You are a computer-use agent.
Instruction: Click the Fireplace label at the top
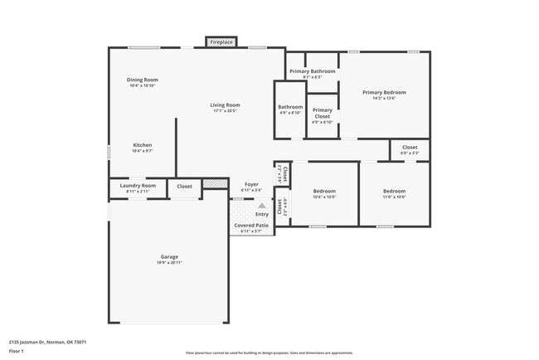(221, 41)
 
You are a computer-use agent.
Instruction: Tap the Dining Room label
(142, 80)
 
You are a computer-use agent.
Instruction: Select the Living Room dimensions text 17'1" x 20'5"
(225, 111)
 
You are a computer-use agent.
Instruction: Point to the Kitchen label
(142, 145)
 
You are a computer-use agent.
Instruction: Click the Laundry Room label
(138, 186)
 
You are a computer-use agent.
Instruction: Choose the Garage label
(169, 256)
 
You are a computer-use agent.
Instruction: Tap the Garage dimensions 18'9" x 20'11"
(169, 263)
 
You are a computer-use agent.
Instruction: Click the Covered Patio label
(250, 225)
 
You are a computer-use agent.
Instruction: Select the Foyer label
(250, 184)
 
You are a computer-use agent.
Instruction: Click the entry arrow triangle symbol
(261, 204)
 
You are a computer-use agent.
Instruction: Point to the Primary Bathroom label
(313, 71)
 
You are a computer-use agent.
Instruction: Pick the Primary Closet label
(322, 113)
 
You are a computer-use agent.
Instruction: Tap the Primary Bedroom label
(384, 92)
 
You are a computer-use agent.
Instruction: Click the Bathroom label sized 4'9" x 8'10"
(290, 106)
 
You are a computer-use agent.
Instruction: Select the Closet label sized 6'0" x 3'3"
(410, 147)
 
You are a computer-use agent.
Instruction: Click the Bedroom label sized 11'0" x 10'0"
(394, 191)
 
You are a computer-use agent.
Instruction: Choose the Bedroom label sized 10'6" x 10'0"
(324, 191)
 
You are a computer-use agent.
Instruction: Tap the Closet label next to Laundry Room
(184, 187)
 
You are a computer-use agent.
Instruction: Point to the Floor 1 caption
(17, 351)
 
